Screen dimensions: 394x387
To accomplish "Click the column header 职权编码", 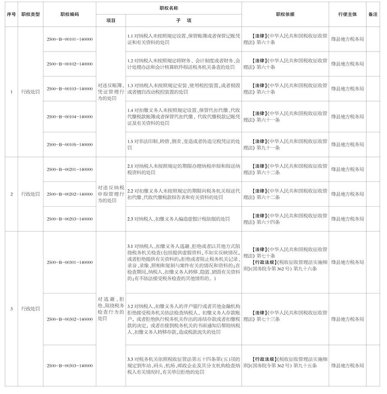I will pos(70,14).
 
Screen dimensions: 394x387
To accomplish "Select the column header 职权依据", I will pos(285,14).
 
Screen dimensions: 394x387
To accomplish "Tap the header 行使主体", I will pos(348,14).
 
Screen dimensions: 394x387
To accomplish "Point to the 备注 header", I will pos(373,14).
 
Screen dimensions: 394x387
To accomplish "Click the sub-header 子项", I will pos(183,20).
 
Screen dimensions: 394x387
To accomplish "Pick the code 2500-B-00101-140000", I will pos(70,39).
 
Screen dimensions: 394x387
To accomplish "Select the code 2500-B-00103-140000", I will pos(70,89).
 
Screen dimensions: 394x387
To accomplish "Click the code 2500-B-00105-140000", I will pos(70,144).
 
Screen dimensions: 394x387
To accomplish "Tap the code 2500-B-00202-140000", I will pos(70,194).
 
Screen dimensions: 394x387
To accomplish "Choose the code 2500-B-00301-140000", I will pos(70,262).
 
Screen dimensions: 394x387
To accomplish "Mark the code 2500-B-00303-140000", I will pos(70,365).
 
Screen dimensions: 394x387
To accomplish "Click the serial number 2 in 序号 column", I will pos(11,194).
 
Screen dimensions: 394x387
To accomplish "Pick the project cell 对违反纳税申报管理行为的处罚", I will pos(111,194).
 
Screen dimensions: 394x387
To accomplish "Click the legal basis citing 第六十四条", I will pos(285,219).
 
